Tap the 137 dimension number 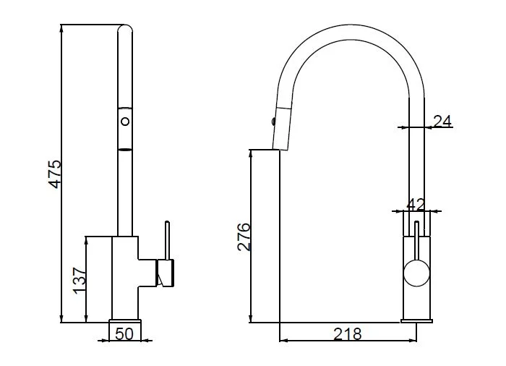pos(80,281)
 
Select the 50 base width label pos(124,334)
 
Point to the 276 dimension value pos(244,237)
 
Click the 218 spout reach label pos(347,334)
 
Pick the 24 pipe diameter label pos(442,121)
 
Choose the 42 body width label pos(416,205)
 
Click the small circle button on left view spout pos(125,122)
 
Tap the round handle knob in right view pos(416,273)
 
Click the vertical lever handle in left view pos(167,240)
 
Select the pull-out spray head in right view pos(282,127)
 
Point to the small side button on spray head pos(274,122)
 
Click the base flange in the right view pos(416,320)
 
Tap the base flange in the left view pos(125,320)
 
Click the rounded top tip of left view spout pos(125,27)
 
